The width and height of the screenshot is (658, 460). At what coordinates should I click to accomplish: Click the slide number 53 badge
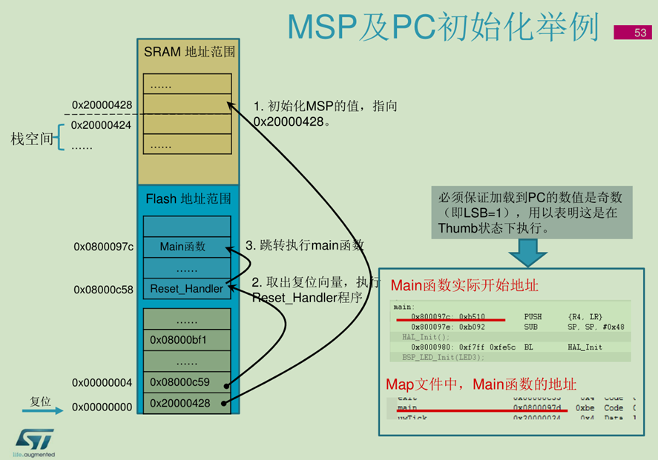640,32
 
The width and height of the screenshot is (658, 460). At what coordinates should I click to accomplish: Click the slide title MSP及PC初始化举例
443,27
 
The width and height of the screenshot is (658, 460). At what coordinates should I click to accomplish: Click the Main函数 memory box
182,247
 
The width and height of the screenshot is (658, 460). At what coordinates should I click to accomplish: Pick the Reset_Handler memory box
186,288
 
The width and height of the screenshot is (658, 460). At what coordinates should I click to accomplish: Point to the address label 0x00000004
102,382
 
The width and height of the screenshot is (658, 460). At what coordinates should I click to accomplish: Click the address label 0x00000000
102,407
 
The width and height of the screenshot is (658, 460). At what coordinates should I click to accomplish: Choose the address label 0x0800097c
103,247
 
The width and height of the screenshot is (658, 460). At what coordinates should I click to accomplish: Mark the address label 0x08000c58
103,289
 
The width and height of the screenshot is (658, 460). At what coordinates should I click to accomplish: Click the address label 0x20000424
102,125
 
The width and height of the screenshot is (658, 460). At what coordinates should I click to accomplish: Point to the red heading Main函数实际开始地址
464,284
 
